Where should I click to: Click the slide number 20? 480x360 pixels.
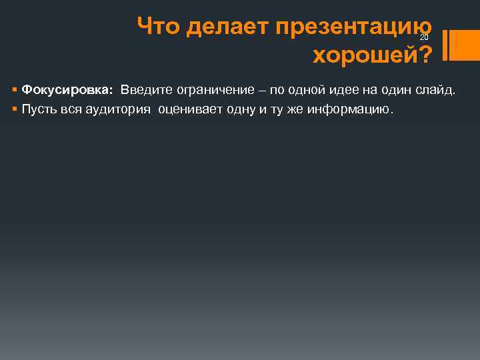pyautogui.click(x=423, y=37)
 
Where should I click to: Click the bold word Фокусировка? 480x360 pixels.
pyautogui.click(x=67, y=89)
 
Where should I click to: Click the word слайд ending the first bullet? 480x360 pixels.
pyautogui.click(x=434, y=89)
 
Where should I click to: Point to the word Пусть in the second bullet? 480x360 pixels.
pyautogui.click(x=39, y=109)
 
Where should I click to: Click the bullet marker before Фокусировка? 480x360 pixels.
pyautogui.click(x=15, y=90)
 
